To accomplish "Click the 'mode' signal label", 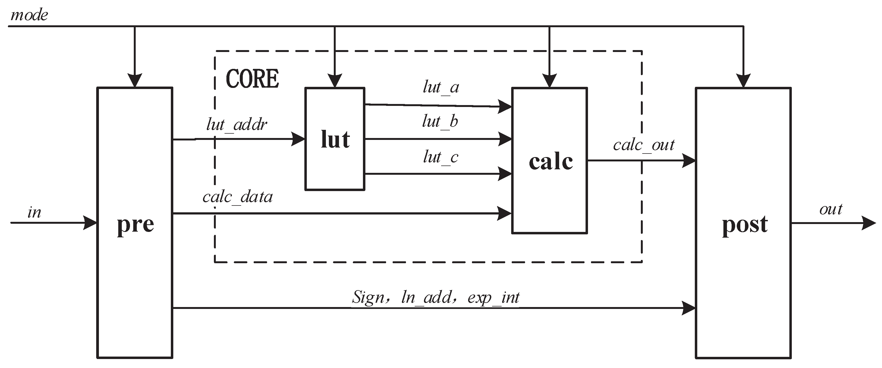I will point(29,16).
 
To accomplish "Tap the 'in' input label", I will point(34,213).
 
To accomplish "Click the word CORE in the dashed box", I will point(252,79).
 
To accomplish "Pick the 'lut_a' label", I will point(441,87).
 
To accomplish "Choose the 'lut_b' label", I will point(440,121).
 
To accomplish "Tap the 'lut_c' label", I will point(441,157).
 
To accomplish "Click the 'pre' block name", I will point(135,225).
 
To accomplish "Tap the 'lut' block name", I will point(335,140).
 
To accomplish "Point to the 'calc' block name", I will point(551,161).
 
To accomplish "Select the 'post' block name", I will point(745,225).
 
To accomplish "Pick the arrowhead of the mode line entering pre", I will point(135,81).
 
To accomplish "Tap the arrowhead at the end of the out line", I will point(868,223).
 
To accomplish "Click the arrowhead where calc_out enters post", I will point(689,160).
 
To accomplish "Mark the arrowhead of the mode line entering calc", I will point(550,81).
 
